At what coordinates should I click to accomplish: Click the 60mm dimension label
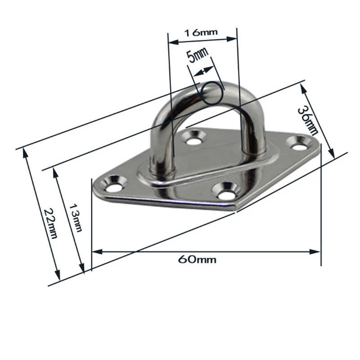point(197,260)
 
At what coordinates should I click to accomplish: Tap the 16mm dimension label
point(201,32)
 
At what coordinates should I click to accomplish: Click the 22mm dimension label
point(50,223)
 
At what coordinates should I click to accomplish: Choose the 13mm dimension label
point(76,218)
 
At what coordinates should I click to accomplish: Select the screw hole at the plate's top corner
point(193,138)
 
